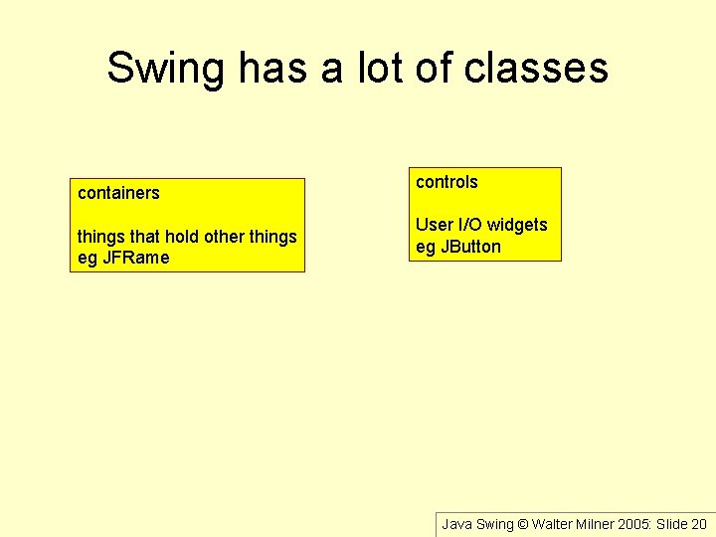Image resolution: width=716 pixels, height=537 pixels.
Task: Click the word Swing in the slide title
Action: (166, 69)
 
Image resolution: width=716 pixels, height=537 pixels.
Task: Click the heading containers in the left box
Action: (118, 193)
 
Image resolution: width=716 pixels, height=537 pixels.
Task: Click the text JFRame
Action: (136, 258)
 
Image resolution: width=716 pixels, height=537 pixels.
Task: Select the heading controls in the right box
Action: (447, 182)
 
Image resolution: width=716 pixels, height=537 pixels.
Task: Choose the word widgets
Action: (517, 225)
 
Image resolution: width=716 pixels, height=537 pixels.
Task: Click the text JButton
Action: (470, 247)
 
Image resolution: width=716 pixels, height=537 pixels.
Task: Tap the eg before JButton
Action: (425, 247)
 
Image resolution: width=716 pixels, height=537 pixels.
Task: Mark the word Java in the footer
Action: (457, 524)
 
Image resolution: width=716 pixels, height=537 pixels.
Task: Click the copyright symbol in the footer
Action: (523, 524)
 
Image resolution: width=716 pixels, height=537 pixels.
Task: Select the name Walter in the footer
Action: (554, 524)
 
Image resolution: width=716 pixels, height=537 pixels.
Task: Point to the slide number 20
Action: (698, 524)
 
